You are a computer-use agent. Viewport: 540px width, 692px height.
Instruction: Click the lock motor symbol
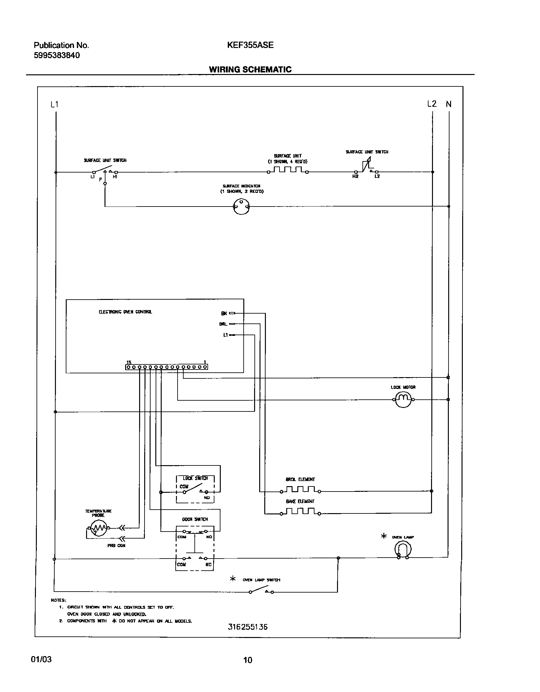pos(403,399)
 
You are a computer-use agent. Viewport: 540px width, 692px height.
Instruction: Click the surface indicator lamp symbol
pos(241,207)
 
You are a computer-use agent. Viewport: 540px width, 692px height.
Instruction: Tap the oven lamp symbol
pos(403,549)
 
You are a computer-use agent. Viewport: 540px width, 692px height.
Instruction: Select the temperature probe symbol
pos(98,528)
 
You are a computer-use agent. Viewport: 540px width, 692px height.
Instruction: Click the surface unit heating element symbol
pos(288,171)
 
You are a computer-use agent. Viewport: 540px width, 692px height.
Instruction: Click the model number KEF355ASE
pos(250,45)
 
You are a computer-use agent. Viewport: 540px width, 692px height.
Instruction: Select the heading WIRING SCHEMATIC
pos(250,70)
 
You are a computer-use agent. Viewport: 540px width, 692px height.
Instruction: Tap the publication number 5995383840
pos(57,55)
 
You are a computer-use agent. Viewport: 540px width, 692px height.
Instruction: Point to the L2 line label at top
pos(432,104)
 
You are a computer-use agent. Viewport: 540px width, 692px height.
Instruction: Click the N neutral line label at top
pos(449,104)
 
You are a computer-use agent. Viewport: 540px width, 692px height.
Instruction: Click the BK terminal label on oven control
pos(224,313)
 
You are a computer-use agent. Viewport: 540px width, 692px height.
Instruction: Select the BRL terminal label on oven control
pos(223,324)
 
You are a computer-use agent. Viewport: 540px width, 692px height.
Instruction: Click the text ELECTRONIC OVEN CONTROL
pos(125,312)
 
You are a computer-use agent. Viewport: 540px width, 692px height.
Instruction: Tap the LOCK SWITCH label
pos(195,478)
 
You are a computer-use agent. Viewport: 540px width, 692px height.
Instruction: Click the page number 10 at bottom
pos(248,660)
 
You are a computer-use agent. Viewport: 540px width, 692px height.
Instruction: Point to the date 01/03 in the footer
pos(41,659)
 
